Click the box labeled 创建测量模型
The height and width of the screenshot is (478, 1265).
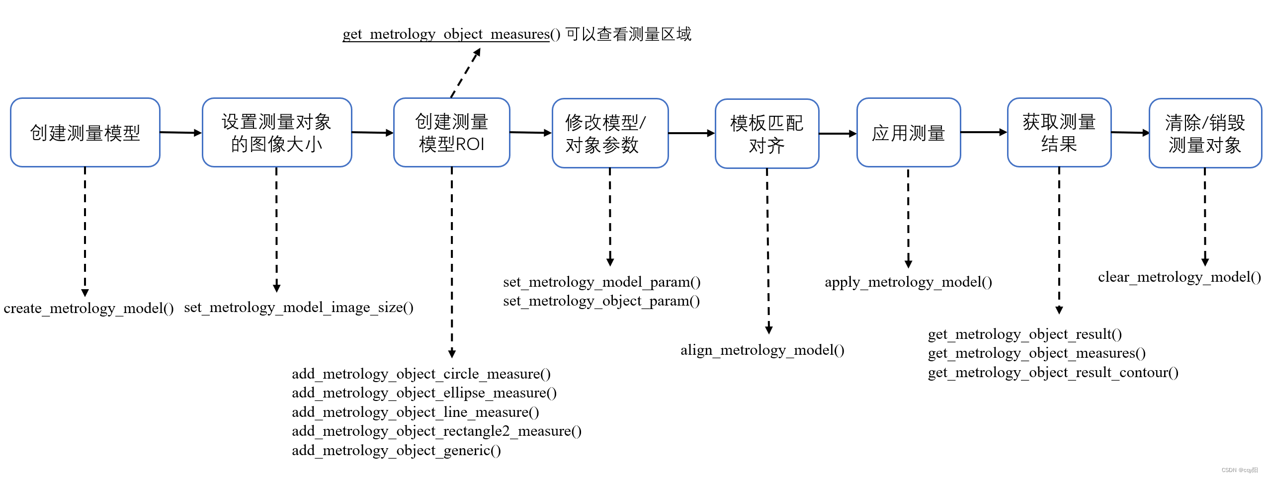[x=85, y=133]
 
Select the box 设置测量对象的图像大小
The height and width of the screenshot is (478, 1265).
[x=277, y=133]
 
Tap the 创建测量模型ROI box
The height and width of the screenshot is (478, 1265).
[x=451, y=133]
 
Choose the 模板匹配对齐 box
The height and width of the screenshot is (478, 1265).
[x=766, y=134]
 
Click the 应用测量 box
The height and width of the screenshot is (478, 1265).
[x=908, y=133]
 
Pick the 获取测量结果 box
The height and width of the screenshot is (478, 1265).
[x=1059, y=133]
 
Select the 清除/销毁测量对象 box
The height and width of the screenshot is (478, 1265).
[x=1204, y=133]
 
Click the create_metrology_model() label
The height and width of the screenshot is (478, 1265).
[x=88, y=309]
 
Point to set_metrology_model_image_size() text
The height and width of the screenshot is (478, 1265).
[x=298, y=308]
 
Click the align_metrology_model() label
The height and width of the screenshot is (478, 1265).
[x=762, y=350]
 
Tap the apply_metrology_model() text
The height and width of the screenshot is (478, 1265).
[x=908, y=282]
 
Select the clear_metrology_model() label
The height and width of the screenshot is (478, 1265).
[x=1179, y=277]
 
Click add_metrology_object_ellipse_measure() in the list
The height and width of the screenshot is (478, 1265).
[x=424, y=393]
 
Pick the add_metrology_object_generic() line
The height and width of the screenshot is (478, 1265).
[x=396, y=451]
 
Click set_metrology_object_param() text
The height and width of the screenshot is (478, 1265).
[x=601, y=301]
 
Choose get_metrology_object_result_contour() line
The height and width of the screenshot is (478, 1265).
[x=1053, y=373]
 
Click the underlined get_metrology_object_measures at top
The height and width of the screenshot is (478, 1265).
[x=446, y=34]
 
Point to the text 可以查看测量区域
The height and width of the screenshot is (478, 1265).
[x=628, y=34]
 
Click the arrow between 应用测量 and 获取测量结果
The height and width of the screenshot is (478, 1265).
[x=983, y=132]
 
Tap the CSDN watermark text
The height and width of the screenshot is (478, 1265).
[x=1239, y=470]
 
